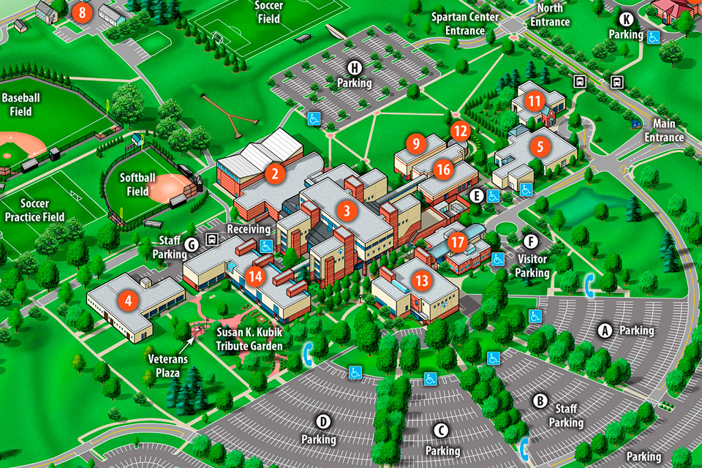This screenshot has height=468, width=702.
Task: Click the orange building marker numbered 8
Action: pyautogui.click(x=83, y=12)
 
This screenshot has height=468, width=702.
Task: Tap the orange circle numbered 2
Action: pyautogui.click(x=275, y=173)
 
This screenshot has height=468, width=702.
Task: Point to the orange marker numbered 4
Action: pyautogui.click(x=128, y=299)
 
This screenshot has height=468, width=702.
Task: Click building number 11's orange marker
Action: pyautogui.click(x=535, y=102)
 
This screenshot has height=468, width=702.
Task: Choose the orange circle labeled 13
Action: pyautogui.click(x=420, y=279)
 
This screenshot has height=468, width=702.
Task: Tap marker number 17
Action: pyautogui.click(x=458, y=242)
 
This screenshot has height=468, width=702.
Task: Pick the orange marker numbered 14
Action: pyautogui.click(x=254, y=276)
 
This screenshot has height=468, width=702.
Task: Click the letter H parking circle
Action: pyautogui.click(x=355, y=69)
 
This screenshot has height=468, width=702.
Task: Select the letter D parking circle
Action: pyautogui.click(x=322, y=421)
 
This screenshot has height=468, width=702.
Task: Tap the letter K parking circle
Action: pyautogui.click(x=627, y=20)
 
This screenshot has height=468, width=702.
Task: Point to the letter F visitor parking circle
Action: pyautogui.click(x=531, y=241)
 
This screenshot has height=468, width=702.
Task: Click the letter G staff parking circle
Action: pyautogui.click(x=192, y=244)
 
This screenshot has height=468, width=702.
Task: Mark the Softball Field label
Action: pyautogui.click(x=138, y=184)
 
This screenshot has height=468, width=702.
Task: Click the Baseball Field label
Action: pyautogui.click(x=20, y=105)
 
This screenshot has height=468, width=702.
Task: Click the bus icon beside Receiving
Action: pyautogui.click(x=213, y=238)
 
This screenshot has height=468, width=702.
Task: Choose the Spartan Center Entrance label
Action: pyautogui.click(x=465, y=24)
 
